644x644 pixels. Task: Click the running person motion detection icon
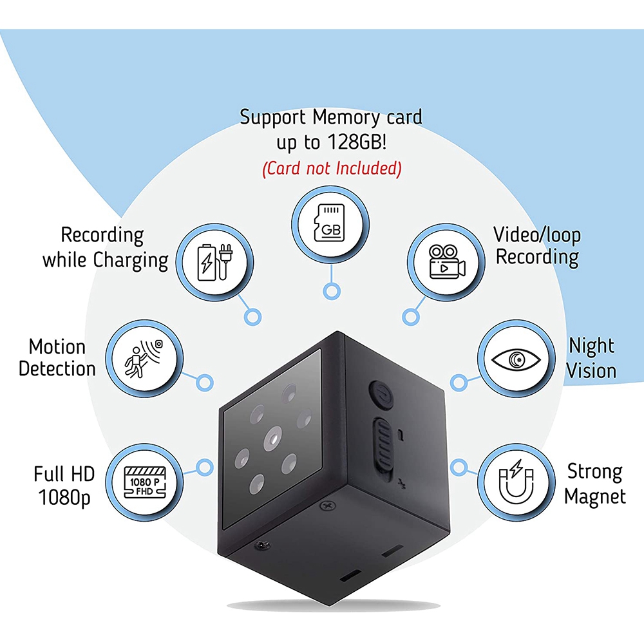(x=144, y=359)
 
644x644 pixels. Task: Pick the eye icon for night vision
(x=514, y=359)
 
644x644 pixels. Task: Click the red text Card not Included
(x=331, y=169)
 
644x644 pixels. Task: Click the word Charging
(x=131, y=261)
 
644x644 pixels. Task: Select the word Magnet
(x=595, y=497)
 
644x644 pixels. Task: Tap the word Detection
(x=57, y=369)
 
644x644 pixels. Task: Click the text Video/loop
(x=537, y=234)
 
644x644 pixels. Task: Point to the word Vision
(x=591, y=370)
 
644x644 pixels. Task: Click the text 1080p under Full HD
(x=64, y=498)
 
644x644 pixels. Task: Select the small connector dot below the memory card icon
(x=331, y=292)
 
